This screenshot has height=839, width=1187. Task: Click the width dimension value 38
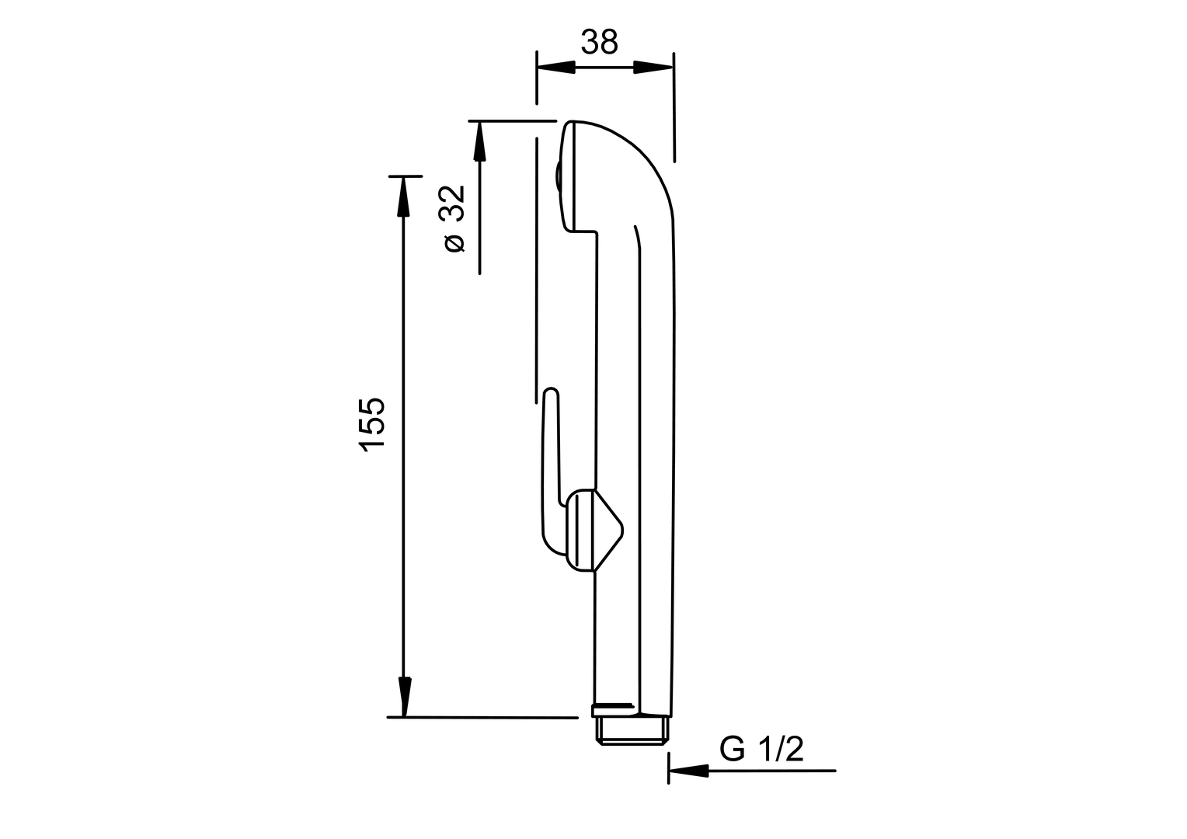point(599,43)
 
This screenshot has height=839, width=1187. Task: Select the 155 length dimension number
point(372,423)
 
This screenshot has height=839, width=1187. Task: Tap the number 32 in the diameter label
point(453,204)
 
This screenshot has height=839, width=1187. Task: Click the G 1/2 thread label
point(761,750)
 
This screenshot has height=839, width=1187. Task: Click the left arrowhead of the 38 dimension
point(556,68)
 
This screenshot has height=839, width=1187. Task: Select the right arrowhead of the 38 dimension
point(653,68)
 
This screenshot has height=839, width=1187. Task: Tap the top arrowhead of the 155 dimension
point(402,197)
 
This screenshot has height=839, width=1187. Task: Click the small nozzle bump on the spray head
point(555,178)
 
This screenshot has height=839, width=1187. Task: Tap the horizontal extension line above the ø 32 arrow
point(513,121)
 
